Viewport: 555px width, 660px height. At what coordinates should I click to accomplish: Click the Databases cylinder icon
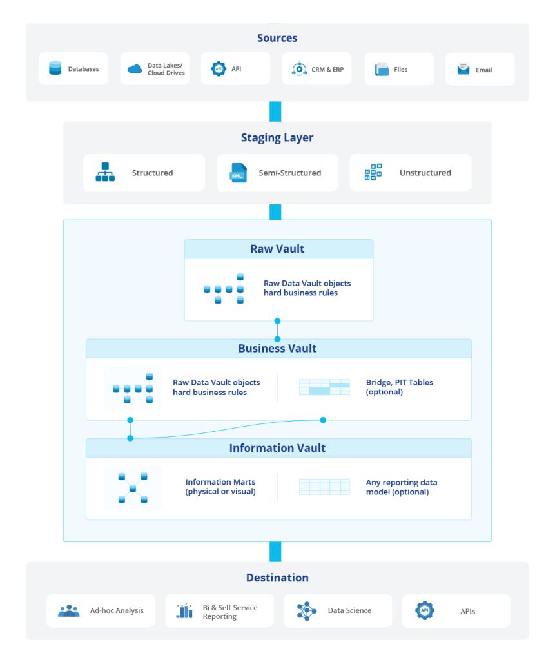point(55,68)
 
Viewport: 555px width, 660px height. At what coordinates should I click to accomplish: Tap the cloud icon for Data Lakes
point(135,69)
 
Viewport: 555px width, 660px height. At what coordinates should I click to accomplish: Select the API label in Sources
point(237,69)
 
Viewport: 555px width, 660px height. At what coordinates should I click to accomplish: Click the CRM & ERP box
point(316,69)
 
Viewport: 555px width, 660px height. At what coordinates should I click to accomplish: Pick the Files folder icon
point(382,69)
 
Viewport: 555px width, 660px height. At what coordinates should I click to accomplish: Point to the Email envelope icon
point(463,69)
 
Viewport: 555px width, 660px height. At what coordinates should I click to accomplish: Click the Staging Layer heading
point(277,137)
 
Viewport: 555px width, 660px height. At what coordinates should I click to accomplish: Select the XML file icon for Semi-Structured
point(239,173)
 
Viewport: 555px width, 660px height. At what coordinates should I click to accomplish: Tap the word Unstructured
point(425,173)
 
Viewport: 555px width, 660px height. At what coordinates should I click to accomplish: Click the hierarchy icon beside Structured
point(105,173)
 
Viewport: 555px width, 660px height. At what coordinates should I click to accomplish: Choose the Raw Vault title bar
point(278,249)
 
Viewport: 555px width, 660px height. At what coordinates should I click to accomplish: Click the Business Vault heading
point(278,348)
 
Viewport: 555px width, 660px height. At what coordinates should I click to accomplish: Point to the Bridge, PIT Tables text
point(399,387)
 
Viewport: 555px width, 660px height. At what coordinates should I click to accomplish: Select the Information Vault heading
point(278,448)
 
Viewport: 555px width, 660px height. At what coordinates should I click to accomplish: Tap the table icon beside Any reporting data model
point(324,487)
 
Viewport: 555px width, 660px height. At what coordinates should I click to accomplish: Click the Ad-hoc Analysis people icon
point(69,610)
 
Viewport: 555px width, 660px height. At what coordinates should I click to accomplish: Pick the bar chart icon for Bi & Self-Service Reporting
point(185,611)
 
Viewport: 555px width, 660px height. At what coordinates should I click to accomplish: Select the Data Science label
point(349,610)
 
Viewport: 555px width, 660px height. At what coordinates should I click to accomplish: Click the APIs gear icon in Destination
point(425,610)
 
